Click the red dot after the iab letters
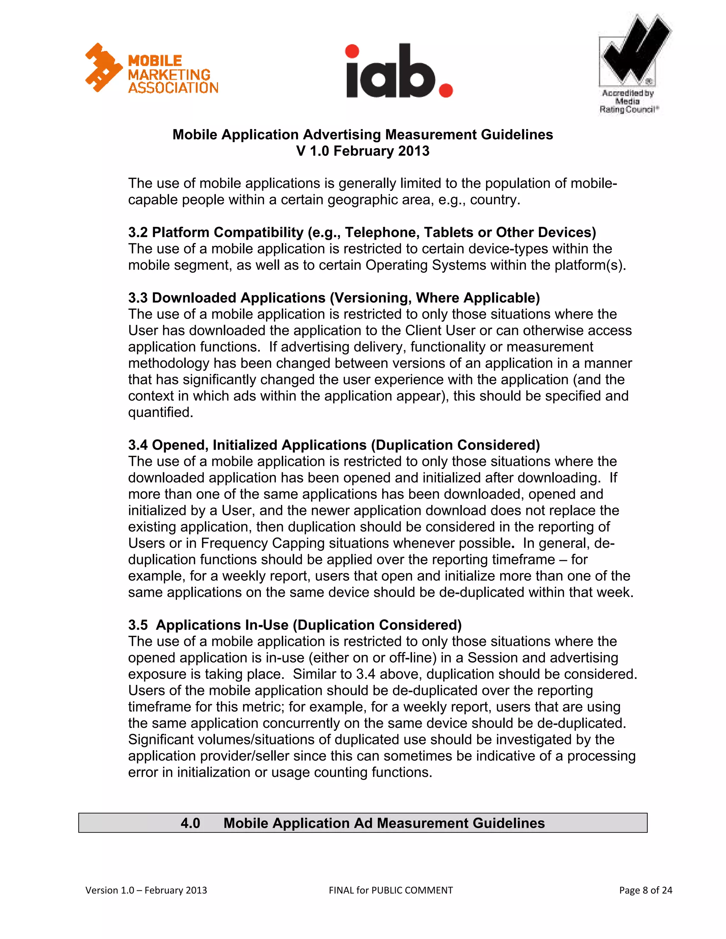[x=446, y=91]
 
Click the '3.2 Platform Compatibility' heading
[x=362, y=232]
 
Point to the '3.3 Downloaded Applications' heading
[x=334, y=298]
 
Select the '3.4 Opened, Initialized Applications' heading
[x=334, y=445]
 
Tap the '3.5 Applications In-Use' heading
[x=295, y=625]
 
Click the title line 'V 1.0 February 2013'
[x=363, y=151]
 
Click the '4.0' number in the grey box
[x=190, y=823]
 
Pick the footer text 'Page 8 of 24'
[x=645, y=890]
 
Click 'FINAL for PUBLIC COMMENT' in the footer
[x=391, y=890]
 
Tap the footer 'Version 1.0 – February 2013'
[x=146, y=890]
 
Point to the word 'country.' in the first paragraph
[x=495, y=200]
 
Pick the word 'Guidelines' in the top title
[x=516, y=135]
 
